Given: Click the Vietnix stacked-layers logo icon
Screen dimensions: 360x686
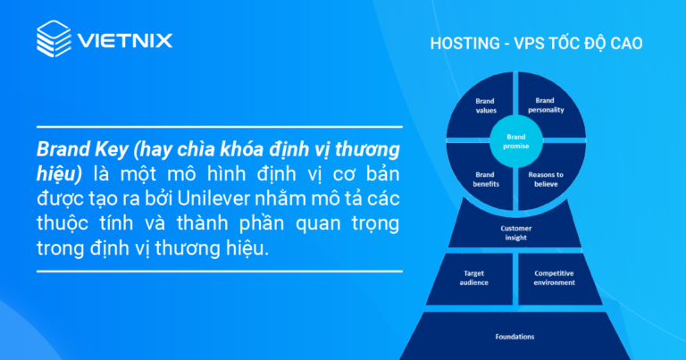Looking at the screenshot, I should [54, 39].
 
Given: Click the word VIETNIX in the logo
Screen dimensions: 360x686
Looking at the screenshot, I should [124, 40].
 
